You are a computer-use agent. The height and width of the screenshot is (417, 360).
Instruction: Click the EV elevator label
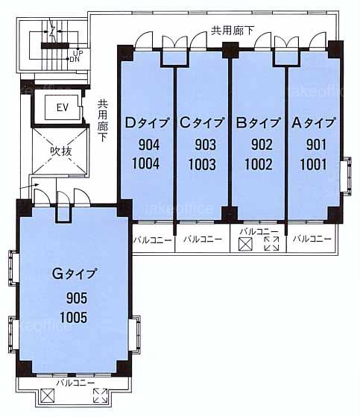(x=63, y=107)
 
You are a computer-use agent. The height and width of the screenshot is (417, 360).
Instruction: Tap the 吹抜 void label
(x=61, y=151)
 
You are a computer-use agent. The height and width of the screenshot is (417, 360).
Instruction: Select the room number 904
(x=149, y=145)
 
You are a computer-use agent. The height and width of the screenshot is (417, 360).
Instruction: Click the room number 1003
(x=202, y=164)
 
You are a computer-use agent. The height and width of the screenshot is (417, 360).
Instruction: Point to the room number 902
(x=262, y=145)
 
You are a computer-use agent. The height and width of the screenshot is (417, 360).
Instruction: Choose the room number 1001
(x=314, y=164)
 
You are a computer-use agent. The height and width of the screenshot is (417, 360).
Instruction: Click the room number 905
(x=77, y=298)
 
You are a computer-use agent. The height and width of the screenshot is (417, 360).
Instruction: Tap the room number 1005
(x=74, y=317)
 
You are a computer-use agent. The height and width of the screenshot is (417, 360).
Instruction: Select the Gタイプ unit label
(x=75, y=274)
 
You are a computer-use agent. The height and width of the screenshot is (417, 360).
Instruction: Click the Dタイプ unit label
(x=147, y=122)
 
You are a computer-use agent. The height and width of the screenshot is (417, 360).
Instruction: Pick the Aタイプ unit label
(x=313, y=122)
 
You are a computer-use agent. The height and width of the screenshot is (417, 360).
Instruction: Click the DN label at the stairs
(x=75, y=60)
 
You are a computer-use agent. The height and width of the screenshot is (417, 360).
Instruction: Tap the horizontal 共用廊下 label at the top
(x=233, y=31)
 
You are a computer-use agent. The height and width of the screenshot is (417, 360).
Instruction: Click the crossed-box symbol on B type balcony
(x=245, y=244)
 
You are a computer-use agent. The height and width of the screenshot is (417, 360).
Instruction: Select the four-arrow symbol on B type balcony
(x=271, y=244)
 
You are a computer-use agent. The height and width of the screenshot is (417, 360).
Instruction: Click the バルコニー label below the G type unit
(x=75, y=383)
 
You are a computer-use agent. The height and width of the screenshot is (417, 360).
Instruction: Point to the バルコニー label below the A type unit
(x=312, y=239)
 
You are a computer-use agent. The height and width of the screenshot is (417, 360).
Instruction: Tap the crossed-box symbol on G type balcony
(x=48, y=395)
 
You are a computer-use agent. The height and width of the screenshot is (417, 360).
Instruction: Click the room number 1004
(x=146, y=164)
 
